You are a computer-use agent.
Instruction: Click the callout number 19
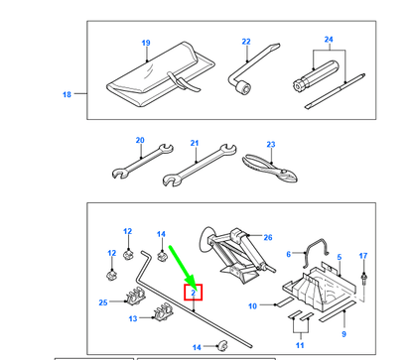point(146,43)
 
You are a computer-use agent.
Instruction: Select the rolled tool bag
point(161,74)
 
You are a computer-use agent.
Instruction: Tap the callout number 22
point(246,42)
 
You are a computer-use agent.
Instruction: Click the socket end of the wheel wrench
point(244,87)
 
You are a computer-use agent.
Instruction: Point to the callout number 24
point(329,40)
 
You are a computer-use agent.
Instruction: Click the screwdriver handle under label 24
point(316,75)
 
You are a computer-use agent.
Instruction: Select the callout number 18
point(67,94)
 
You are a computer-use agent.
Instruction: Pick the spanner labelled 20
point(142,162)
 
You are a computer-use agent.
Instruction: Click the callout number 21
point(195,143)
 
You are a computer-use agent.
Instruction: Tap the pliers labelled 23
point(270,169)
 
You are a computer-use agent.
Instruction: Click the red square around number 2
point(193,293)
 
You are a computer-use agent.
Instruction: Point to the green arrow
point(183,265)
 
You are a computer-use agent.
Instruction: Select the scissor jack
point(236,255)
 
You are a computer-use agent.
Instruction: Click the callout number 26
point(268,237)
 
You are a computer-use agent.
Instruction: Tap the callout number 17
point(363,256)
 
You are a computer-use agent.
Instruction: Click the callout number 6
point(288,254)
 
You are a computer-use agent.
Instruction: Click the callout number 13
point(133,318)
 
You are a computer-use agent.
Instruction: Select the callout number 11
point(300,345)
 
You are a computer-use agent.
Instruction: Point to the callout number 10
point(252,306)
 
